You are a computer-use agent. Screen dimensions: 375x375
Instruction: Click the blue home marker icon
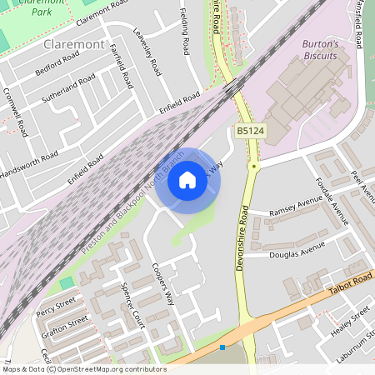187,180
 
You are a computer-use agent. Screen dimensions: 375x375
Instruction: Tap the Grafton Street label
64,322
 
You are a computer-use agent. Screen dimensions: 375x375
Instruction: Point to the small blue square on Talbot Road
222,347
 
